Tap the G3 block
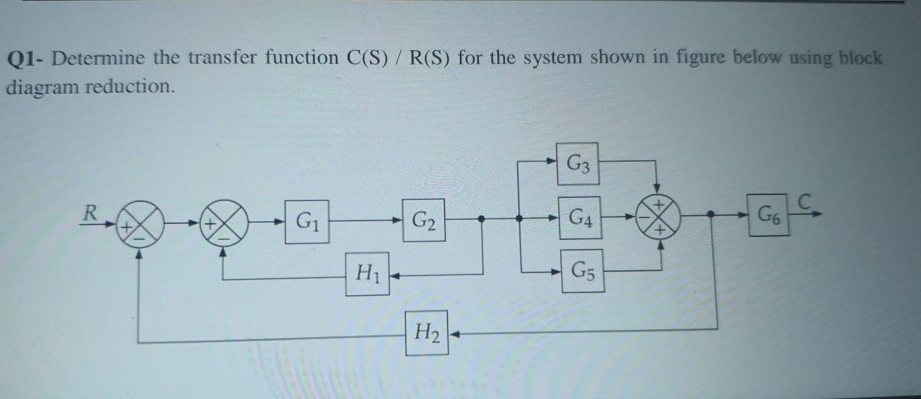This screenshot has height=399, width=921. tap(577, 162)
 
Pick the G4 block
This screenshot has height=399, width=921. tap(580, 217)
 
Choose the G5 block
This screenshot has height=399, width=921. tap(583, 271)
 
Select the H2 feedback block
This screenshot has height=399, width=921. tap(426, 333)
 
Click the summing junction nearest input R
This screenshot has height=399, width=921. tap(139, 224)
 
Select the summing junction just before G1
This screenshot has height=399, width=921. tap(223, 223)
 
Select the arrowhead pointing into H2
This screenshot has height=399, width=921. tap(455, 334)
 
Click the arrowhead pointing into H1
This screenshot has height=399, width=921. tap(394, 274)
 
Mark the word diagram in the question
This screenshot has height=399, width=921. tap(41, 88)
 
